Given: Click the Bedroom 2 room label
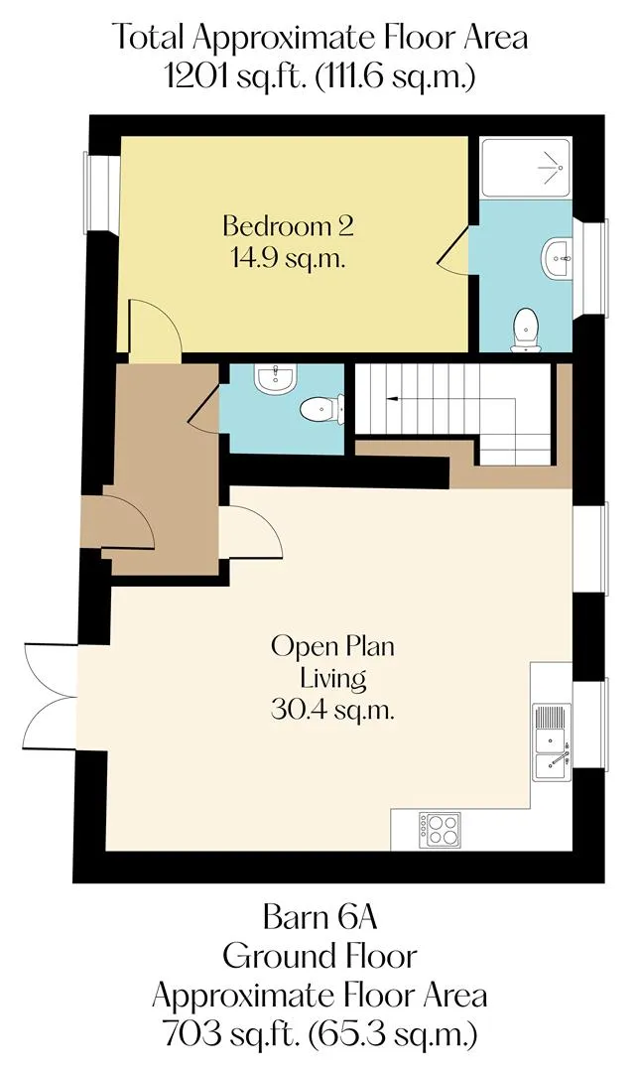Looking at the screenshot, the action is (289, 226).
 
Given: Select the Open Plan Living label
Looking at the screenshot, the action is (332, 662).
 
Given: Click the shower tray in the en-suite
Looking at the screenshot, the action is (525, 168).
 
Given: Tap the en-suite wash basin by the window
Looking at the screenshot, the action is (558, 259).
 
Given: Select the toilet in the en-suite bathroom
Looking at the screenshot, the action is (526, 331).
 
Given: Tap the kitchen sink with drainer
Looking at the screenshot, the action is (553, 742).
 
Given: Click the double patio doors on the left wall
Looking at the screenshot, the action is (52, 698).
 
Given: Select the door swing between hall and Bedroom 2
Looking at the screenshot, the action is (156, 331).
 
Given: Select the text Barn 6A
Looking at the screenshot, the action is (319, 917).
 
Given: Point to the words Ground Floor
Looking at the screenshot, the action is (319, 956).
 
